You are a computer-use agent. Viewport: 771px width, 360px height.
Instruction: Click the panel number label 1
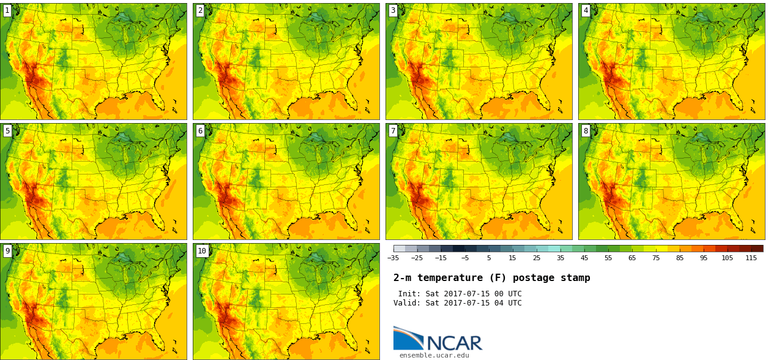tap(7, 10)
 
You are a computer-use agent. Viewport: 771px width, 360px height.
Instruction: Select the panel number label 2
tap(200, 10)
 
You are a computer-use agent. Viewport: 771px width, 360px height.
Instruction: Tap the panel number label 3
tap(393, 10)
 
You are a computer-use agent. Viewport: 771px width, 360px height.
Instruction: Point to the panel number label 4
tap(586, 10)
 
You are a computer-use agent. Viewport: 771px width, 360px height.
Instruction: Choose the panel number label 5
tap(7, 130)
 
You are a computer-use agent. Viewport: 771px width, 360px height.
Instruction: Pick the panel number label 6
tap(200, 130)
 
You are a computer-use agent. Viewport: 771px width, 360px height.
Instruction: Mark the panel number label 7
tap(393, 130)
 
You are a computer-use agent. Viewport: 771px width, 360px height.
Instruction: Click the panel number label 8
tap(586, 130)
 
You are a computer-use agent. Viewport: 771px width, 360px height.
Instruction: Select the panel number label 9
tap(7, 250)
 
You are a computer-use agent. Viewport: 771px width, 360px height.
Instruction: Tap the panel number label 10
tap(202, 250)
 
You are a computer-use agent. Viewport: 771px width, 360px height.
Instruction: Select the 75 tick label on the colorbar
tap(656, 258)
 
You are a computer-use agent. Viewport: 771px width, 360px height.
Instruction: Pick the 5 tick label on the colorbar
tap(489, 258)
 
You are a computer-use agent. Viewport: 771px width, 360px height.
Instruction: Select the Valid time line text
tap(458, 303)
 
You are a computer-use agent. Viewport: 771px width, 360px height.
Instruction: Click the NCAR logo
tap(438, 339)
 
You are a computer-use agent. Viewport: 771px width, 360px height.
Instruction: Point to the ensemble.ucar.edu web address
tap(434, 355)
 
